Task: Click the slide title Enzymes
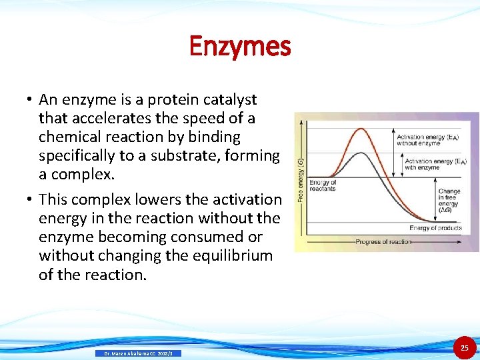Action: click(x=240, y=47)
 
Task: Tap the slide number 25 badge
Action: click(x=465, y=348)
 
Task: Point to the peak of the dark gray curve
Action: click(x=360, y=153)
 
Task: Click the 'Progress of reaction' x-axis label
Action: click(x=383, y=241)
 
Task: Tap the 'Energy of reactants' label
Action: click(x=323, y=186)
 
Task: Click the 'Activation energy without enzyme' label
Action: click(x=427, y=140)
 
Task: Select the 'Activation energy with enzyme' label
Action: click(x=435, y=164)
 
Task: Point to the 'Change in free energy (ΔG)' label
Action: click(x=449, y=201)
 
